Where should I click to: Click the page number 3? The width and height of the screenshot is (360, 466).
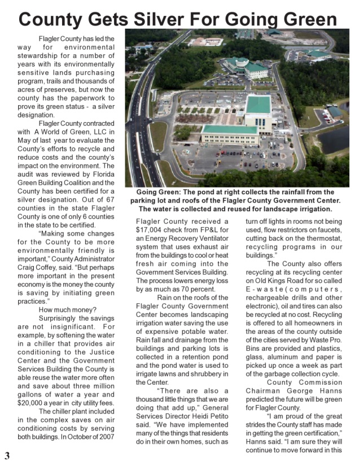[x=7, y=456]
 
